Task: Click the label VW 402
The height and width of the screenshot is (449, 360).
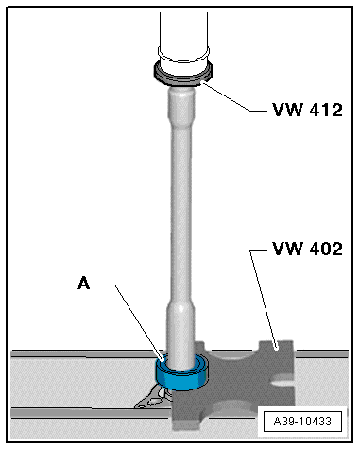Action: pos(304,250)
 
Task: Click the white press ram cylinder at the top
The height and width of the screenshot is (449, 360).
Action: pos(183,33)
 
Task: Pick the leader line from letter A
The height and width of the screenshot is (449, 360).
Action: pos(132,317)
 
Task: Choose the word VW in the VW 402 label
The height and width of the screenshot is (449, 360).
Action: pos(283,250)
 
